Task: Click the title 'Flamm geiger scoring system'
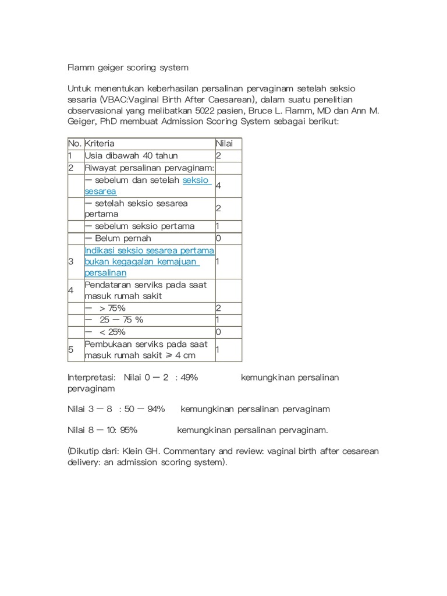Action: click(128, 68)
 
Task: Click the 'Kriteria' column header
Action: click(100, 143)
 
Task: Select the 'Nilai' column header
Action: click(224, 143)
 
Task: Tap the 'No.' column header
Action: click(74, 143)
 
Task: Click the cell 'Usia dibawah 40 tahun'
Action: click(131, 155)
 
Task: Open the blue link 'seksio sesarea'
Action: click(197, 180)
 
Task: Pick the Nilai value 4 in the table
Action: click(218, 185)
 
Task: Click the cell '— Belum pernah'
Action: click(118, 238)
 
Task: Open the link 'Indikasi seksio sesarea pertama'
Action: click(150, 250)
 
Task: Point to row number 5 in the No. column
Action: click(70, 349)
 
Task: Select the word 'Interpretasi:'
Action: click(92, 377)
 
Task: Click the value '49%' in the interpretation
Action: click(190, 377)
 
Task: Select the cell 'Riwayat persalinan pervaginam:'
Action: click(150, 168)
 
